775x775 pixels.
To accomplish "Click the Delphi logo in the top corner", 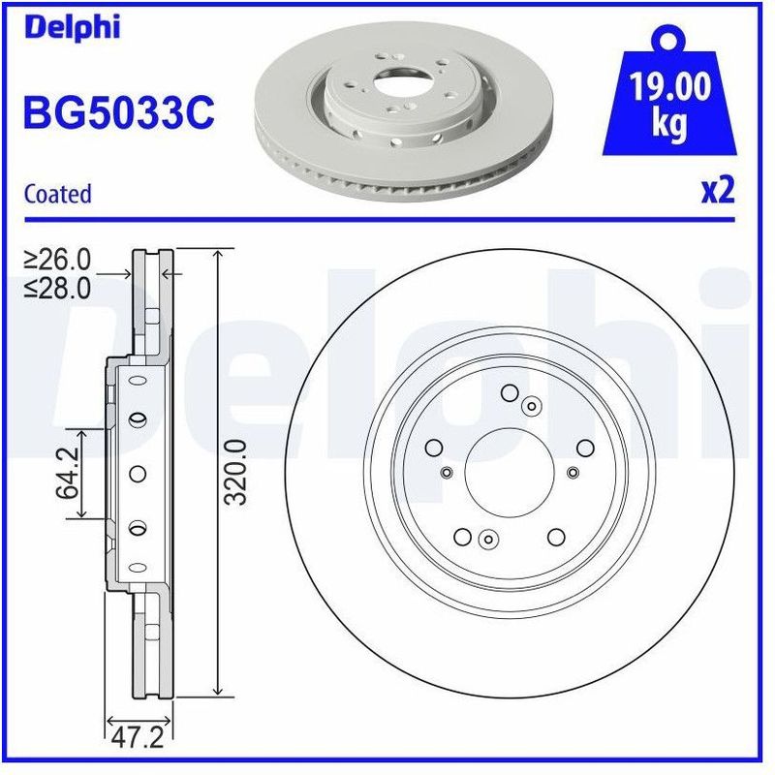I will point(73,26).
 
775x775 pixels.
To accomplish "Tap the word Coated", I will point(57,194).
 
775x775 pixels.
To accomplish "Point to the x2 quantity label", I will point(718,190).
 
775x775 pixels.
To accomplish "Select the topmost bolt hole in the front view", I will point(510,393).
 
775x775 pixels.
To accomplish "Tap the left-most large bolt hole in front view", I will point(434,448).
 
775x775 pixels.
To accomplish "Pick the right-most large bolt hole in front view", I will point(584,448).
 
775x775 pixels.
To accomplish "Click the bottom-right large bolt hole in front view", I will point(555,537).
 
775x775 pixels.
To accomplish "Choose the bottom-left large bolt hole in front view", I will point(462,537).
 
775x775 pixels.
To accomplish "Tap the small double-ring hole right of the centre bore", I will point(573,472).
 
